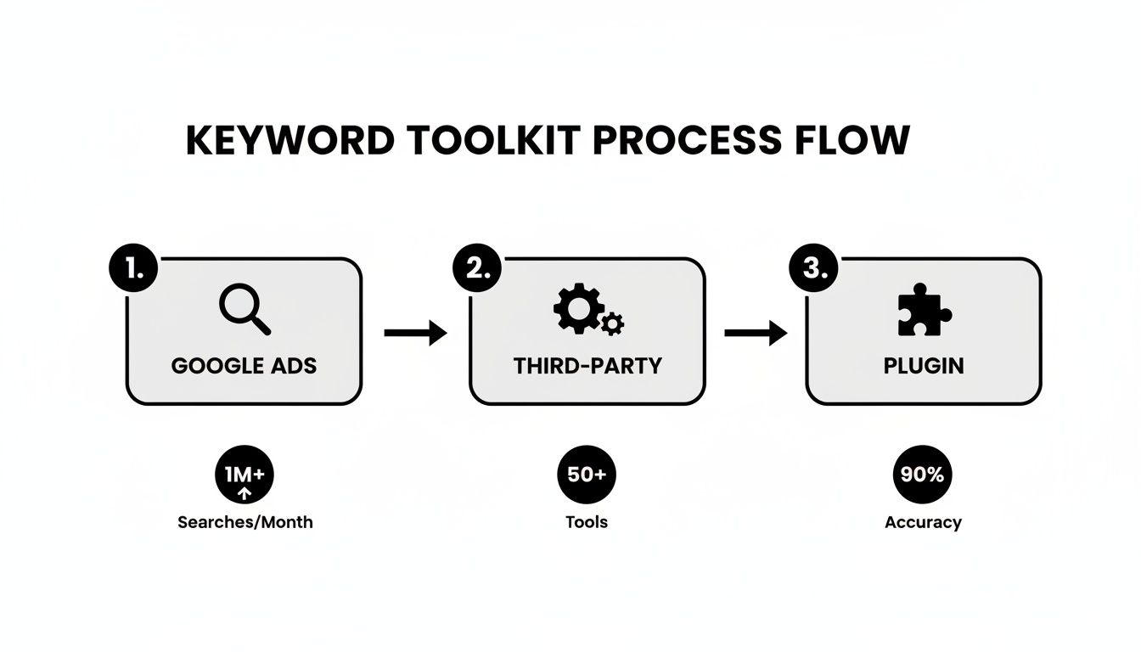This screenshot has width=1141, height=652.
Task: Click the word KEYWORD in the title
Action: point(289,140)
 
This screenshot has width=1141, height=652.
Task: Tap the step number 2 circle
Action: point(476,269)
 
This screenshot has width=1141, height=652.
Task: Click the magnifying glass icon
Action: point(244,309)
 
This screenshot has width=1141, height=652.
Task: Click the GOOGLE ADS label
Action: point(244,366)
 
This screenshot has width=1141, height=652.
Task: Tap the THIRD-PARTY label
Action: point(587,366)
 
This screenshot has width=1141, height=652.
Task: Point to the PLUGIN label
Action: point(923,366)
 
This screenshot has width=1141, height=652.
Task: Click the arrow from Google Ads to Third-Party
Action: point(415,333)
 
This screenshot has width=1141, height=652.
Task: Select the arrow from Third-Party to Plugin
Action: point(755,333)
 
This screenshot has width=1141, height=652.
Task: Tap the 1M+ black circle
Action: point(244,476)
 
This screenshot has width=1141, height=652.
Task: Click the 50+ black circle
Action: point(587,475)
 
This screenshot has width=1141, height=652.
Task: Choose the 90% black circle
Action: point(923,475)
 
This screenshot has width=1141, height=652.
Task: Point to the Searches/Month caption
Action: point(244,522)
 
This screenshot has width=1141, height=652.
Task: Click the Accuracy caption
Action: point(923,522)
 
